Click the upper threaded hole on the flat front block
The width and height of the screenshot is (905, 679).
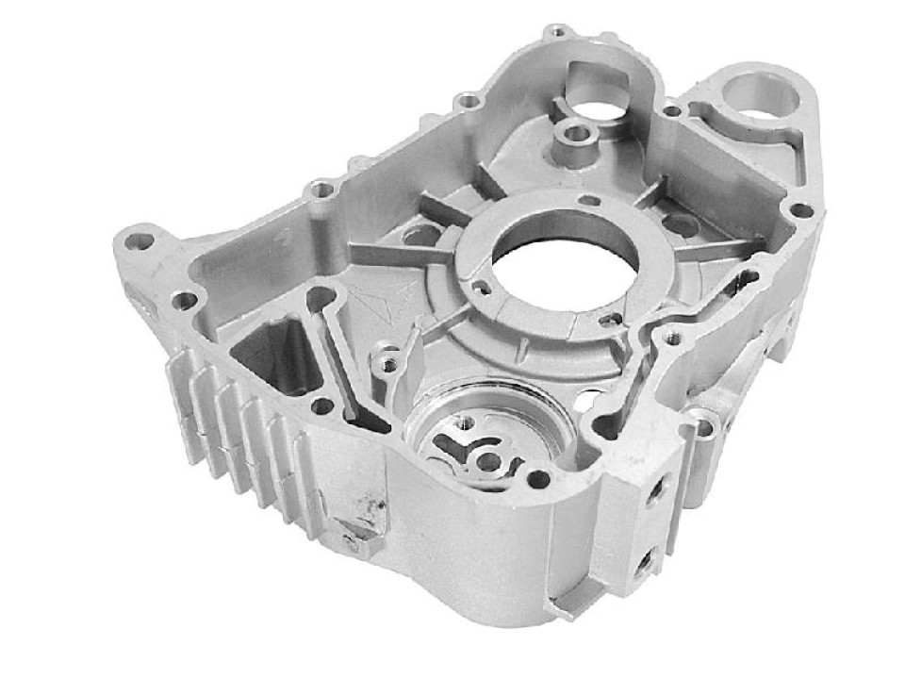pyautogui.click(x=652, y=490)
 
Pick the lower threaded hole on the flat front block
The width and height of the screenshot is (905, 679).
pyautogui.click(x=644, y=563)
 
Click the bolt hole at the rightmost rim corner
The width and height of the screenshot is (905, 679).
pyautogui.click(x=799, y=209)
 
